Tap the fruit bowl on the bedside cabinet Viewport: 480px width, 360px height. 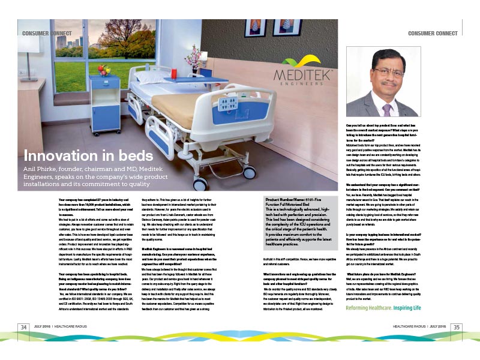(104, 70)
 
